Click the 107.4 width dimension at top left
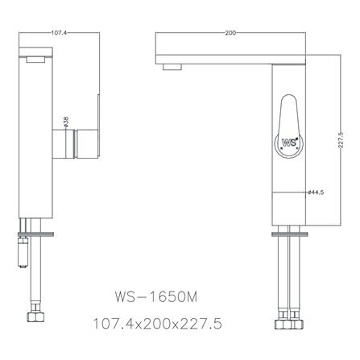(58, 33)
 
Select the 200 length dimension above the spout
(231, 33)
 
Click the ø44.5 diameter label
(316, 192)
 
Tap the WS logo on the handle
(290, 143)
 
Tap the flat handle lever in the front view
(97, 121)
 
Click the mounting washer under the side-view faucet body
(292, 234)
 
